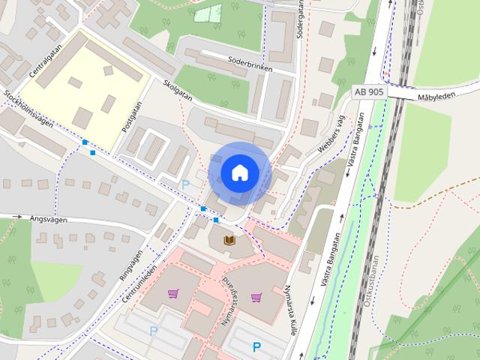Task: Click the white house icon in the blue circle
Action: (239, 172)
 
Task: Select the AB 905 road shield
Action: (370, 91)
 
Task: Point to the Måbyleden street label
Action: (436, 97)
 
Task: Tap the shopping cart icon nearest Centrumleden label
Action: (173, 293)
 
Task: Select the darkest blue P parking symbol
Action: (256, 347)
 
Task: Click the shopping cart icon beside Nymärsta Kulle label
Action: (256, 297)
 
